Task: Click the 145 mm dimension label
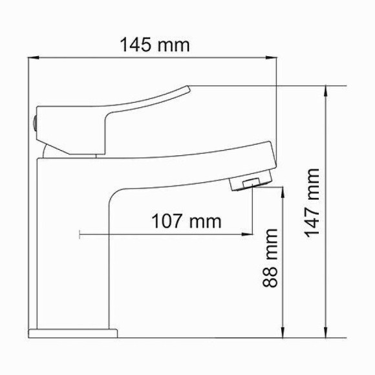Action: coord(155,45)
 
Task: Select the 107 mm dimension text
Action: coord(186,221)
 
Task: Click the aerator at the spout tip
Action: coord(248,182)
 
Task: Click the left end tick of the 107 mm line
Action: coord(80,235)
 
